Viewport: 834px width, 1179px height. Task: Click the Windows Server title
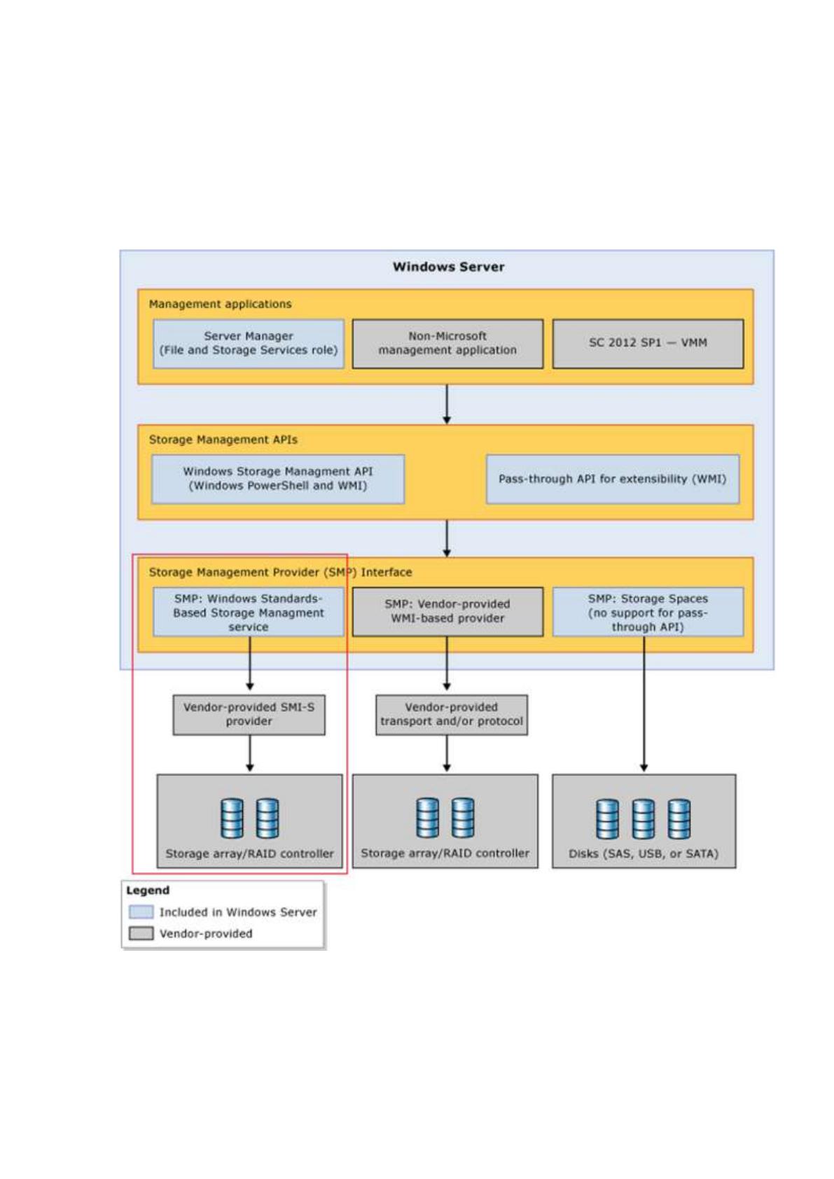click(x=448, y=267)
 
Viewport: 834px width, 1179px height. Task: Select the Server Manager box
click(x=248, y=343)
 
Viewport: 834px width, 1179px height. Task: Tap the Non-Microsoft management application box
click(x=447, y=343)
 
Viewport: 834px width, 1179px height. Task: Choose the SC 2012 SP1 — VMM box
click(x=648, y=343)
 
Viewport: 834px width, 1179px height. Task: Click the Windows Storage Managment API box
click(x=278, y=479)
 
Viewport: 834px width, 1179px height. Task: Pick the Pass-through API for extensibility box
click(x=612, y=479)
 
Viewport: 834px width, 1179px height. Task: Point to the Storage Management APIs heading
click(x=223, y=440)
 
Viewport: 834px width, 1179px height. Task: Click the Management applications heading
click(x=220, y=304)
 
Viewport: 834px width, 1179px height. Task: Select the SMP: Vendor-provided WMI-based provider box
click(x=447, y=612)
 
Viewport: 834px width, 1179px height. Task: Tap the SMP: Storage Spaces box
click(x=648, y=612)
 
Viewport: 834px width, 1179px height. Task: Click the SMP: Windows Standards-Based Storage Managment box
click(x=248, y=612)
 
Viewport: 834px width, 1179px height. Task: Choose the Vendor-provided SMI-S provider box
click(x=249, y=715)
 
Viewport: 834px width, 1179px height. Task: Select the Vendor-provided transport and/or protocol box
click(x=451, y=715)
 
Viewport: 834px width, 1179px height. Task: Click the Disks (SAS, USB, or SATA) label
click(x=644, y=853)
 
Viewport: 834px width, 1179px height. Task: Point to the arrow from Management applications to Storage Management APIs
click(x=447, y=404)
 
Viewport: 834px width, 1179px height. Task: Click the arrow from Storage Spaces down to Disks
click(x=644, y=704)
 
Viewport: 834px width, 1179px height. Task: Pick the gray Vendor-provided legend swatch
click(x=141, y=933)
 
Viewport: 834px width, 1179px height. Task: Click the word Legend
click(x=148, y=890)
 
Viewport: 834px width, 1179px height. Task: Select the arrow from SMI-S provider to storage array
click(x=249, y=753)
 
